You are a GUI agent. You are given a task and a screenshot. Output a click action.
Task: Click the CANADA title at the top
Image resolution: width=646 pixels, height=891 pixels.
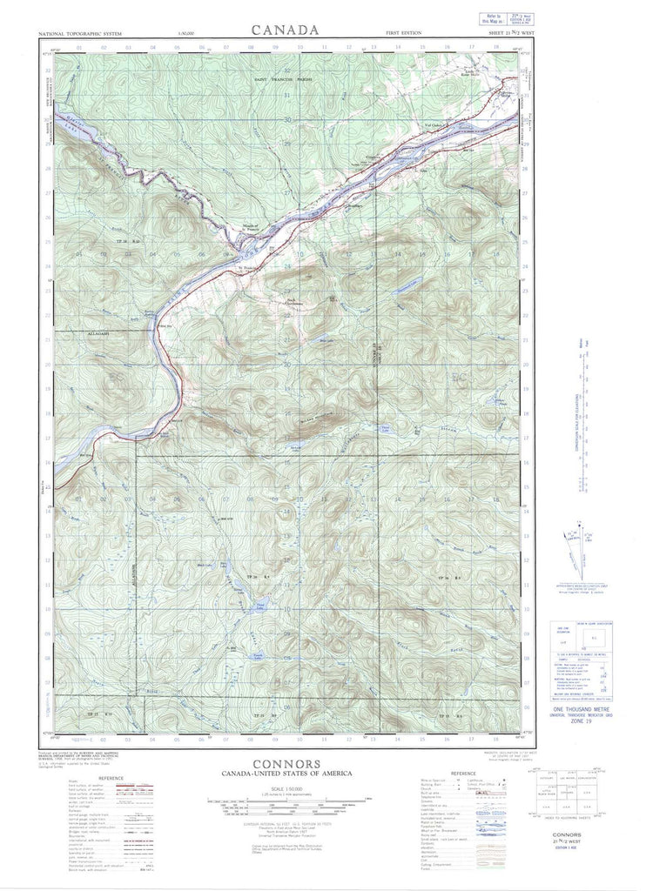[x=285, y=30]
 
